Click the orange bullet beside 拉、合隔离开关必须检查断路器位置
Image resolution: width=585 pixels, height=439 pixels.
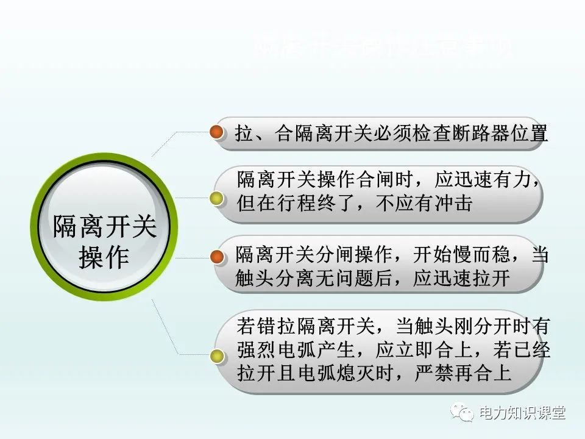[x=216, y=133]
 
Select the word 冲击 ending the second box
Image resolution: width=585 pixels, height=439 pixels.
[x=456, y=204]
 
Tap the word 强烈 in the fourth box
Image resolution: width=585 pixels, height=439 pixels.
[x=256, y=350]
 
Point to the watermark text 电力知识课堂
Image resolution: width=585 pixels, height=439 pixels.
[x=523, y=413]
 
